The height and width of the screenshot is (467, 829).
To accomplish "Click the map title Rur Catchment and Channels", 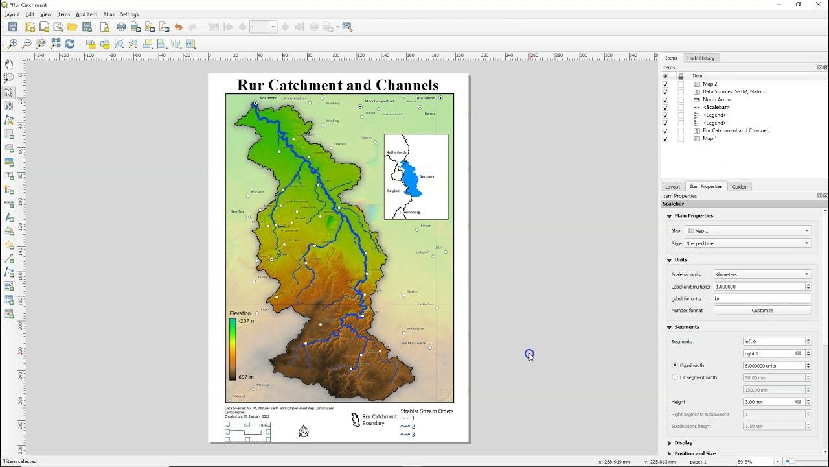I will [337, 85].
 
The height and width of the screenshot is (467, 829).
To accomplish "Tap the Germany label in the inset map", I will [427, 176].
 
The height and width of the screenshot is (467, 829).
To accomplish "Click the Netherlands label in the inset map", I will [396, 152].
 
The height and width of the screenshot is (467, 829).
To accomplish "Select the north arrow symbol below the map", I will [304, 431].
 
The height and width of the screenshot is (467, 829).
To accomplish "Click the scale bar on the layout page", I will [247, 431].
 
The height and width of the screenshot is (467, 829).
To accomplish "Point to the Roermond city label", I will [268, 98].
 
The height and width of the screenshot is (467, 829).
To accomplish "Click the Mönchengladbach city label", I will [380, 101].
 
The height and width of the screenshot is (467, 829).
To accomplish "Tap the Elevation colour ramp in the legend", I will [233, 349].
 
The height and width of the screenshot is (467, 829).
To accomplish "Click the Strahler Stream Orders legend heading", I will [427, 411].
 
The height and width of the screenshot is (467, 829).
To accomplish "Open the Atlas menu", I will [109, 14].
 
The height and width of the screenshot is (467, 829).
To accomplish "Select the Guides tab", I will [739, 187].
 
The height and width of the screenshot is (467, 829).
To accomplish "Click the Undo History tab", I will [701, 58].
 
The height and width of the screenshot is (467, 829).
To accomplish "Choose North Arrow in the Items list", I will [717, 99].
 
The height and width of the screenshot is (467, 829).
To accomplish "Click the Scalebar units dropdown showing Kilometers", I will [762, 274].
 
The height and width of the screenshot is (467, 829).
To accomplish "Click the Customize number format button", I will [762, 311].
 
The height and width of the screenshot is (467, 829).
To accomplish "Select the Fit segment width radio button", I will [675, 377].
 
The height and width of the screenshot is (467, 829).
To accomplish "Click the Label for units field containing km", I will [762, 299].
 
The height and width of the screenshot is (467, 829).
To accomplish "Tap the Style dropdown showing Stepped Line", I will [748, 243].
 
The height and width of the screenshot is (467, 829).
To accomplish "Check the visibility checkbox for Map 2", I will [665, 84].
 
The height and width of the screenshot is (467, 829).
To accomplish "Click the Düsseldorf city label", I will [426, 98].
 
